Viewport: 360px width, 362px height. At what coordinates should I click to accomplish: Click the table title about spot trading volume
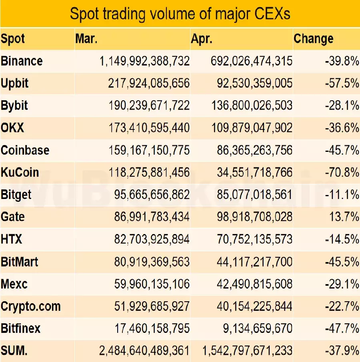[180, 14]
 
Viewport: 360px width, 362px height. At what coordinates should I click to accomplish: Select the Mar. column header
[86, 39]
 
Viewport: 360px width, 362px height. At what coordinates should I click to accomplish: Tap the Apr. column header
[202, 39]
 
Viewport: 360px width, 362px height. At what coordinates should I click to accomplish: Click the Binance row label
[22, 61]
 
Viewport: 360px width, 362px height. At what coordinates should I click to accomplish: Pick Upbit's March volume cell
[148, 84]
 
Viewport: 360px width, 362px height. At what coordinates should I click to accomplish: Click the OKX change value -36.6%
[342, 128]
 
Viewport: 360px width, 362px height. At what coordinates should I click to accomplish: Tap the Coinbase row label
[25, 150]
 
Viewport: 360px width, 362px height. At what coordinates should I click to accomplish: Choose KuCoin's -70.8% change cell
[342, 173]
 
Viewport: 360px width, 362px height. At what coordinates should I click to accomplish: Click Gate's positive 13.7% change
[344, 217]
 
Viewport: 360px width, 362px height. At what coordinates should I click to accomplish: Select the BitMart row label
[20, 262]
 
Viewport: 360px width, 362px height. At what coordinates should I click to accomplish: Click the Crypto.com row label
[31, 306]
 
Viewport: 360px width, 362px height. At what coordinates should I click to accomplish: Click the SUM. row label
[14, 351]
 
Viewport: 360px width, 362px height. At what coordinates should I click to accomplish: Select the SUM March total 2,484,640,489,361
[144, 351]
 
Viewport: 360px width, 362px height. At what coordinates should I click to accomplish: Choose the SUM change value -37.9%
[342, 351]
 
